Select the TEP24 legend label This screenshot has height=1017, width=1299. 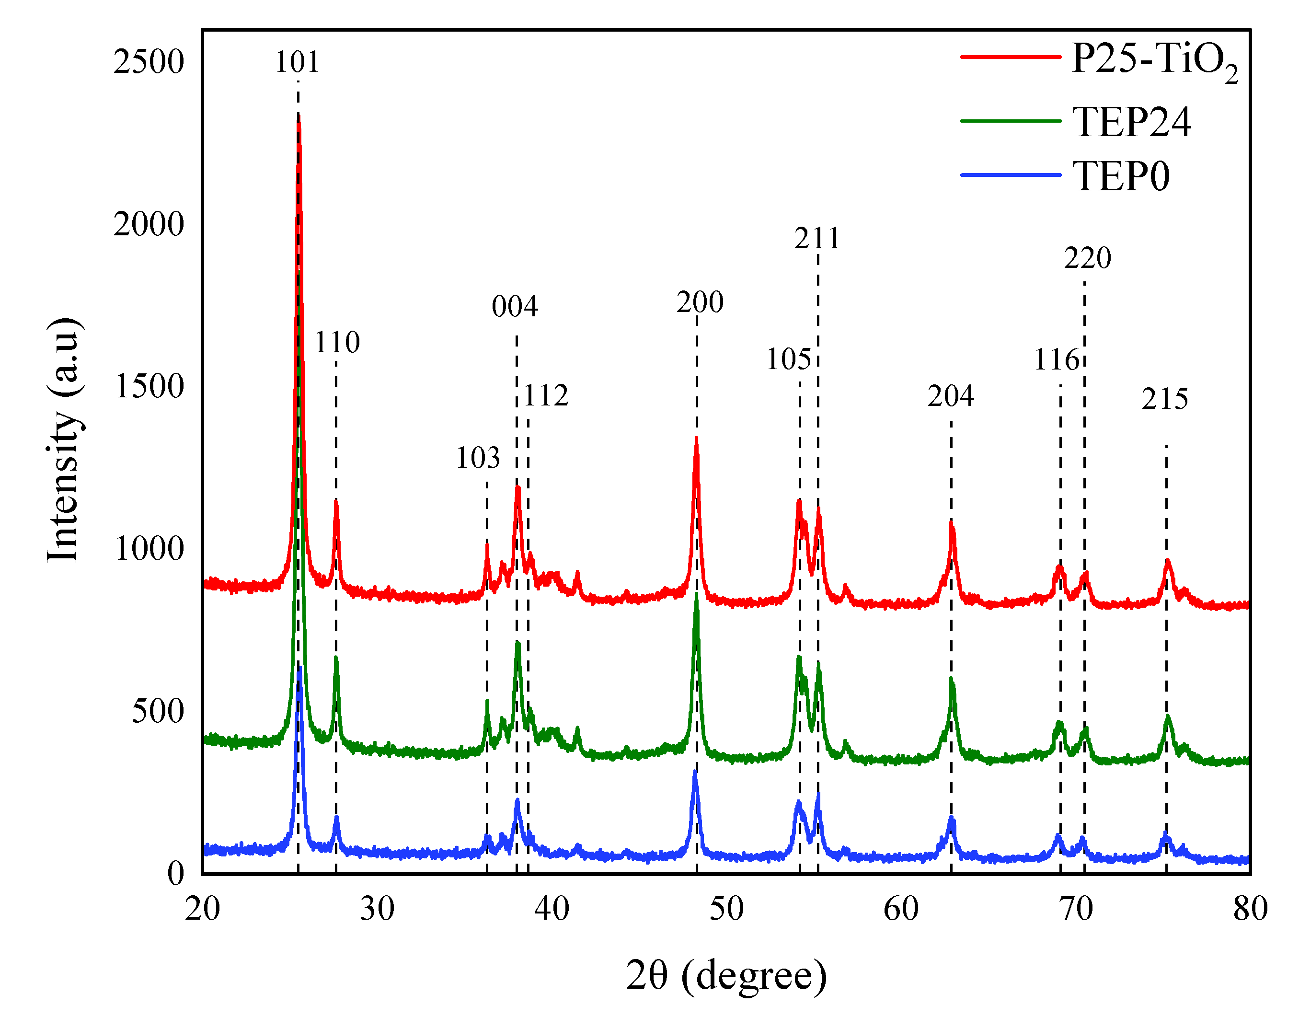pyautogui.click(x=1131, y=122)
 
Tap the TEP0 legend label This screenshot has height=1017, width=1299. pyautogui.click(x=1121, y=176)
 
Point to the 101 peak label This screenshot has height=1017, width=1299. pyautogui.click(x=297, y=62)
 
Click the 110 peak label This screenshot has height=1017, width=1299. pyautogui.click(x=337, y=342)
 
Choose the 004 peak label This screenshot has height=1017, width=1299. pyautogui.click(x=514, y=307)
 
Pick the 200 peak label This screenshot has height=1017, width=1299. pyautogui.click(x=700, y=302)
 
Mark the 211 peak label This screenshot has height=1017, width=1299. pyautogui.click(x=817, y=239)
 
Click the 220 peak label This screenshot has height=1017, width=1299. pyautogui.click(x=1087, y=258)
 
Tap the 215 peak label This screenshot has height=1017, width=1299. pyautogui.click(x=1164, y=399)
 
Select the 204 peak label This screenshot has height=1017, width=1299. pyautogui.click(x=950, y=396)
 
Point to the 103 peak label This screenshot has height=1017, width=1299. pyautogui.click(x=477, y=458)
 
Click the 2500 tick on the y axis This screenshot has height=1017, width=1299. pyautogui.click(x=149, y=62)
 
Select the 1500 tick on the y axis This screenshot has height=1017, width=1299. pyautogui.click(x=149, y=386)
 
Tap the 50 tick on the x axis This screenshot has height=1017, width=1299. pyautogui.click(x=726, y=909)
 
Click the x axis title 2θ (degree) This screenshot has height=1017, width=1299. pyautogui.click(x=726, y=975)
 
